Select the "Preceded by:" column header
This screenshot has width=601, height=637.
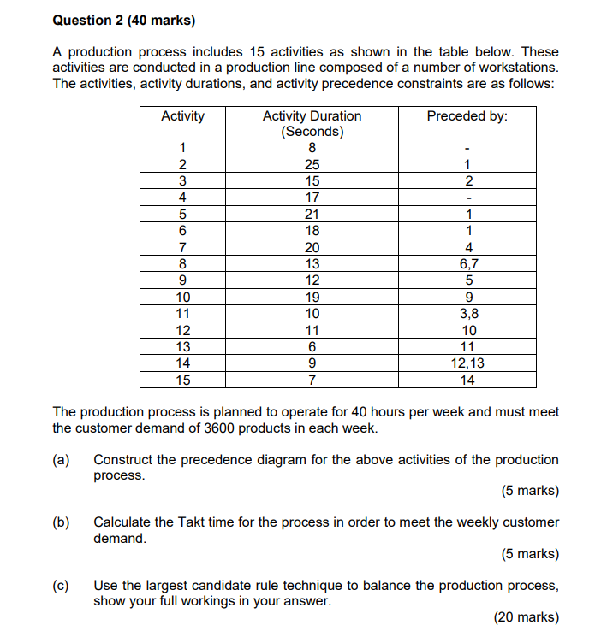467,116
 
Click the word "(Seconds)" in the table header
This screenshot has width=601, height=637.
312,132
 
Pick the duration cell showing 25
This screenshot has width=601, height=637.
312,164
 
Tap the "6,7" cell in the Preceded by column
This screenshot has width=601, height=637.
467,264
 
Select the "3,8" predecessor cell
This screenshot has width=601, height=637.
467,314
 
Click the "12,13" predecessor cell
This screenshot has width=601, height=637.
467,363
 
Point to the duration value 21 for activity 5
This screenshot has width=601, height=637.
312,214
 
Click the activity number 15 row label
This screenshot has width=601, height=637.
182,380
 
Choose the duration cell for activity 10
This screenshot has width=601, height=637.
312,297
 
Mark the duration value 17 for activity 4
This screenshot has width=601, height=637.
312,198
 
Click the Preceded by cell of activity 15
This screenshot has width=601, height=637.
467,380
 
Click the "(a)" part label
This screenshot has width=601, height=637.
61,460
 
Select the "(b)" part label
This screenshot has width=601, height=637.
61,522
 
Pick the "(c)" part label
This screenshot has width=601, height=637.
61,586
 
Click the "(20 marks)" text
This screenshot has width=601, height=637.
527,617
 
